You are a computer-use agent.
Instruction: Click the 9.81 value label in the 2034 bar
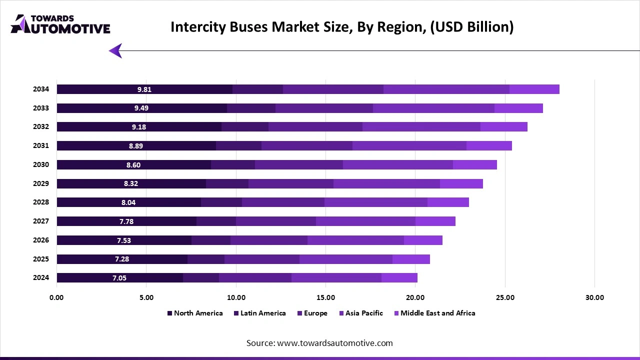[x=144, y=89]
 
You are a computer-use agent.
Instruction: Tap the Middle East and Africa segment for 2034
[x=534, y=89]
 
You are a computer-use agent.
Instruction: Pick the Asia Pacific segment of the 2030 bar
[x=397, y=165]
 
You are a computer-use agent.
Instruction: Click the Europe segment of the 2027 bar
[x=275, y=221]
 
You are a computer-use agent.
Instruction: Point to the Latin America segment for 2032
[x=244, y=127]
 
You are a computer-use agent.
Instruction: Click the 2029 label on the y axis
[x=41, y=183]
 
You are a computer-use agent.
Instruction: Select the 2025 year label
[x=41, y=259]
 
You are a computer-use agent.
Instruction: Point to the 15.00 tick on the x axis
[x=325, y=297]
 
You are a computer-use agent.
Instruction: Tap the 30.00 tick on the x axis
[x=594, y=297]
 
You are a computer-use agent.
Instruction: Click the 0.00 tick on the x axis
[x=57, y=297]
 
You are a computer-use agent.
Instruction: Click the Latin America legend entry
[x=262, y=313]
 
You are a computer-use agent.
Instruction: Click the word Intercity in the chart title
[x=195, y=27]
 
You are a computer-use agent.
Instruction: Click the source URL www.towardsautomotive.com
[x=334, y=343]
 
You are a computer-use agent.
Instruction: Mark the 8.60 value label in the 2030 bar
[x=133, y=165]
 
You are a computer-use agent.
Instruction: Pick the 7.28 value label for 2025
[x=122, y=259]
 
